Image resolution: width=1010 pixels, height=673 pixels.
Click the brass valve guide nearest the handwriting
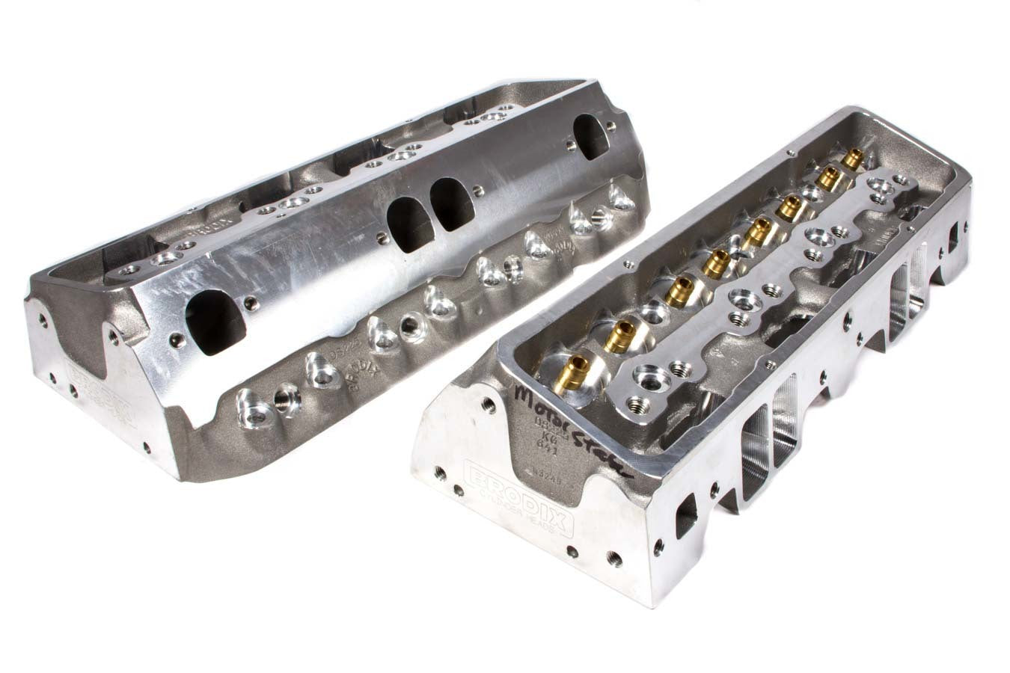click(575, 367)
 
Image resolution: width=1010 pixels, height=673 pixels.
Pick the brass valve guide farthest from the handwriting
click(850, 158)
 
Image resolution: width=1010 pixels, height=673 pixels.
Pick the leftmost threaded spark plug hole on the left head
click(284, 393)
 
